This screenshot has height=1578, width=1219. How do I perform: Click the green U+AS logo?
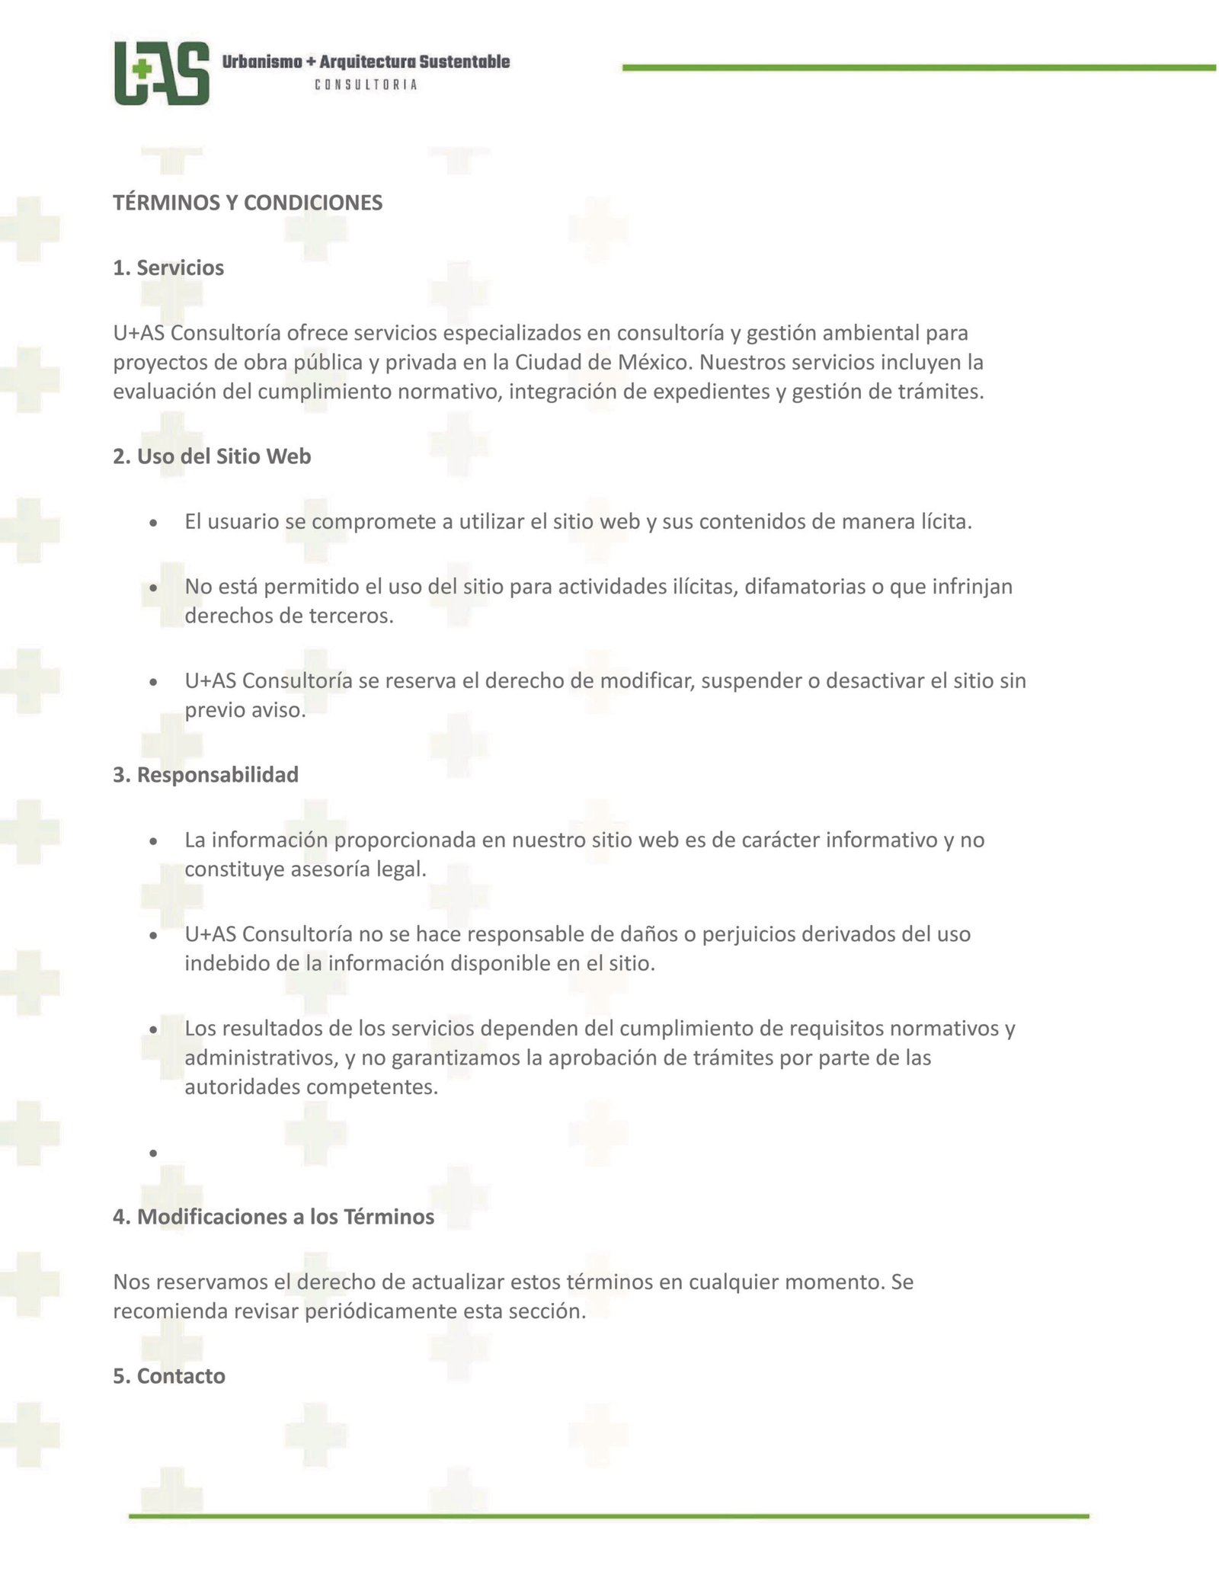pos(162,73)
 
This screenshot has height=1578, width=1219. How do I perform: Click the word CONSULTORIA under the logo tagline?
pos(366,85)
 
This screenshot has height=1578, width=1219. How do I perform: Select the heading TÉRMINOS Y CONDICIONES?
pos(248,203)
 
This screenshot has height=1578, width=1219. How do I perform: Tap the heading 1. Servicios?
pos(168,268)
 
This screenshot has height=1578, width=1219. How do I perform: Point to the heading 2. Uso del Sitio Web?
pos(212,456)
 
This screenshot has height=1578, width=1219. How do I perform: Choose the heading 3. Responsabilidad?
pos(206,775)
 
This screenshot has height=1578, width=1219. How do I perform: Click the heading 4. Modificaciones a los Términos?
pos(274,1217)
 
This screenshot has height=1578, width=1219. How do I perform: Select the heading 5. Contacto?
pos(169,1376)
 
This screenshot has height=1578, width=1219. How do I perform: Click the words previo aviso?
pos(245,710)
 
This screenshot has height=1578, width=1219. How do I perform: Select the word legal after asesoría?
pos(402,869)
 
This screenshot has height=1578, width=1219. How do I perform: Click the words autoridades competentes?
pos(311,1087)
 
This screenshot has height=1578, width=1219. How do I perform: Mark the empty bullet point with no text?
pos(154,1154)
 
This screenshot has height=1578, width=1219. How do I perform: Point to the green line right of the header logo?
pos(918,68)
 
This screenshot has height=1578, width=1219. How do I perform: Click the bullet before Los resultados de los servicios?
pos(154,1030)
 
